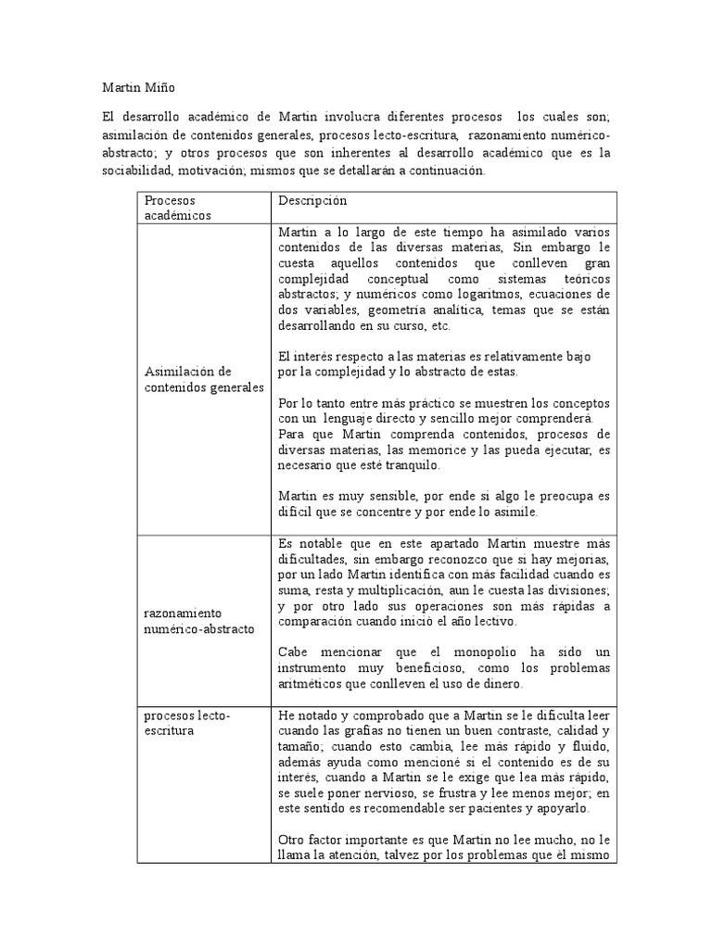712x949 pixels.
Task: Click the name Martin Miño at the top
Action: [x=137, y=88]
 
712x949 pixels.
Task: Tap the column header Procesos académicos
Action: [x=178, y=208]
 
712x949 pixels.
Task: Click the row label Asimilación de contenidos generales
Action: [x=204, y=379]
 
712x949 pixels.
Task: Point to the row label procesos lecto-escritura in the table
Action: [x=187, y=723]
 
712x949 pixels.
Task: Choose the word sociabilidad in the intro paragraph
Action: [x=138, y=171]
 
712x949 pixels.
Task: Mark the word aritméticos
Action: [x=311, y=684]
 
